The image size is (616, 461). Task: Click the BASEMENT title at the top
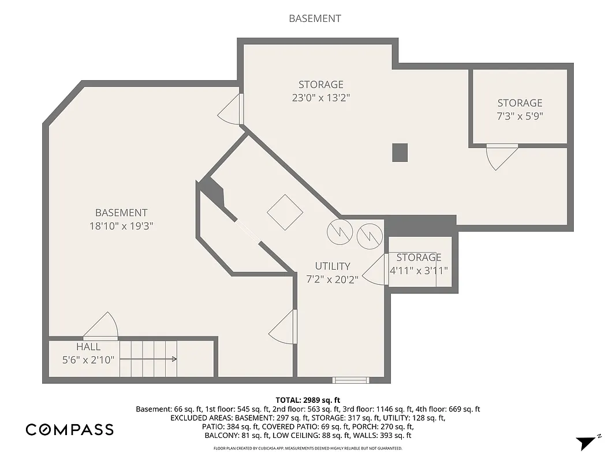click(315, 18)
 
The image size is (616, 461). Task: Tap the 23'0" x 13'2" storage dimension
click(321, 98)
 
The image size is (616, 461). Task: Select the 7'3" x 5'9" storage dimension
click(520, 116)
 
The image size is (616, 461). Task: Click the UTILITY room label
click(332, 266)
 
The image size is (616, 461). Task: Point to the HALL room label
click(88, 347)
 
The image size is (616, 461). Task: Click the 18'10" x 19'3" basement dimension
click(121, 226)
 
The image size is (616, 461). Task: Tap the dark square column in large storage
click(400, 152)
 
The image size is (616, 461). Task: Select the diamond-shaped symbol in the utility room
click(285, 213)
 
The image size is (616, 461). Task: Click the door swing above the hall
click(102, 326)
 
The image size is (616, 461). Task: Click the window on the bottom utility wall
click(351, 380)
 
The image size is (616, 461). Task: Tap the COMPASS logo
click(69, 429)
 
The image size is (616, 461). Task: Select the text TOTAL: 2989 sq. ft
click(308, 400)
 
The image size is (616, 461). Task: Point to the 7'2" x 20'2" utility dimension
click(332, 279)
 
